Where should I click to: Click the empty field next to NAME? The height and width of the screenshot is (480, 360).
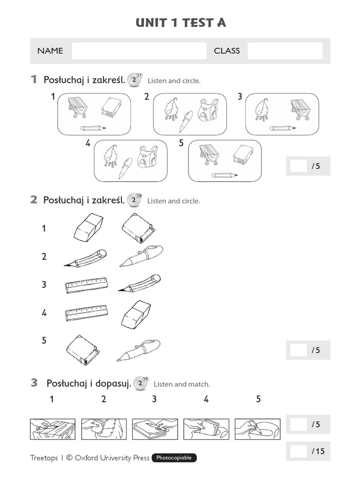(x=139, y=51)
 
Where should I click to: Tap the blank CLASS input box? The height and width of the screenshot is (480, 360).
(x=285, y=51)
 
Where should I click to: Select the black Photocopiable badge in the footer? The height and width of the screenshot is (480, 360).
(x=174, y=458)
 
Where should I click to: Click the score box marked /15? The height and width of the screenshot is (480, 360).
(x=298, y=451)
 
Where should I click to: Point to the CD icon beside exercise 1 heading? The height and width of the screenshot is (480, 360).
(x=135, y=80)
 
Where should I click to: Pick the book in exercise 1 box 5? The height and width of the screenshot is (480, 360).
(x=243, y=155)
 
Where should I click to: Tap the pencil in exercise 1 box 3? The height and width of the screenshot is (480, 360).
(x=282, y=127)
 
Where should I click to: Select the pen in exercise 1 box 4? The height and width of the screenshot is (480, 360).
(x=125, y=168)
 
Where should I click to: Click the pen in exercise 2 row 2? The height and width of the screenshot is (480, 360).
(x=141, y=255)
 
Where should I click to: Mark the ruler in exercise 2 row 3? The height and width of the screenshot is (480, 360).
(x=86, y=285)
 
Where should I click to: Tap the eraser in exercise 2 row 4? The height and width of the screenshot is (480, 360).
(x=136, y=315)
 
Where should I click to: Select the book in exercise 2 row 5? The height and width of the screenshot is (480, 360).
(x=82, y=350)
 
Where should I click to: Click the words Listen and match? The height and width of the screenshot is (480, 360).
(x=181, y=384)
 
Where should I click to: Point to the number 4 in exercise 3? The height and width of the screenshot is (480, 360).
(x=206, y=399)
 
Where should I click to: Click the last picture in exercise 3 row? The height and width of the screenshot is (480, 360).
(x=257, y=429)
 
